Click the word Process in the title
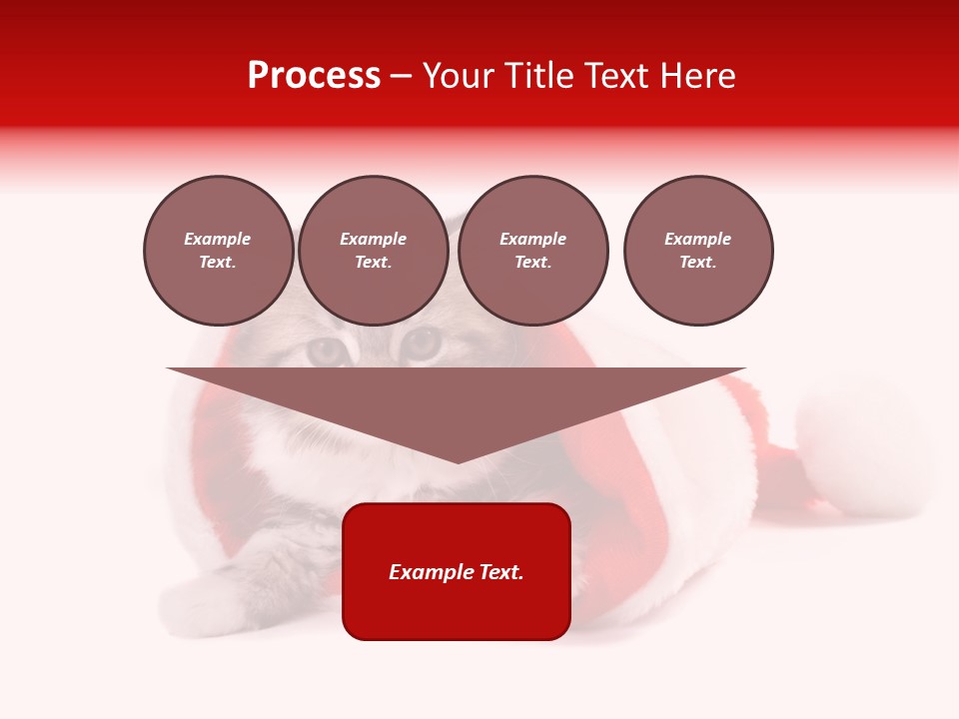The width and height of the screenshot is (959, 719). (314, 76)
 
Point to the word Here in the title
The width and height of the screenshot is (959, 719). (698, 76)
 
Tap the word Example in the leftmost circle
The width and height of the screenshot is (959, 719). (218, 239)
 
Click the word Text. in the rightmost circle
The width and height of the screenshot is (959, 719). (697, 262)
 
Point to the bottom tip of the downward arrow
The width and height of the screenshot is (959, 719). (458, 460)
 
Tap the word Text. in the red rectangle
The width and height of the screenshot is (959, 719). (499, 572)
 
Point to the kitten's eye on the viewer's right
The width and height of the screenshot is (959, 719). (421, 345)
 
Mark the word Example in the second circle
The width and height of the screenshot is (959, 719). (373, 239)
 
